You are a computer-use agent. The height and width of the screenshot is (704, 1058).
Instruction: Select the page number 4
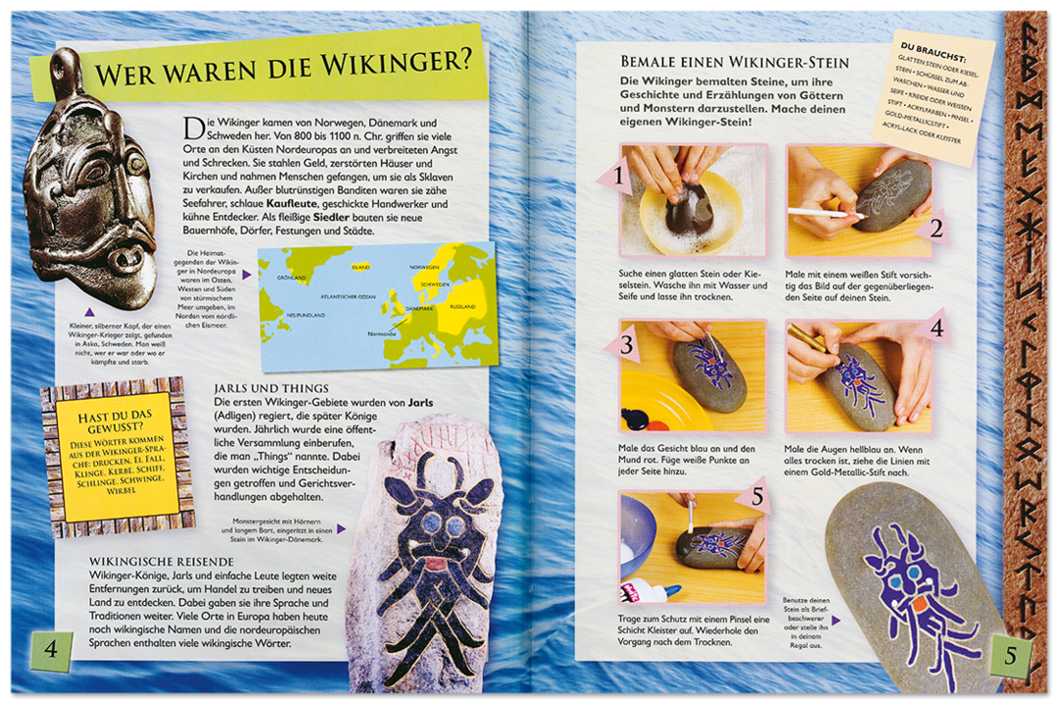coord(51,649)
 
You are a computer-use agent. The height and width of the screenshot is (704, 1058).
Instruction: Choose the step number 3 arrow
coord(623,346)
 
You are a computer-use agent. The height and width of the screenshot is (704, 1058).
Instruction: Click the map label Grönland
coord(291,277)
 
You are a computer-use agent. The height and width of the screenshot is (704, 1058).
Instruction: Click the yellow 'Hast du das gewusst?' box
coord(109,457)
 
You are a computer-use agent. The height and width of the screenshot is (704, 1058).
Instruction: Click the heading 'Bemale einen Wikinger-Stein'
coord(735,62)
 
